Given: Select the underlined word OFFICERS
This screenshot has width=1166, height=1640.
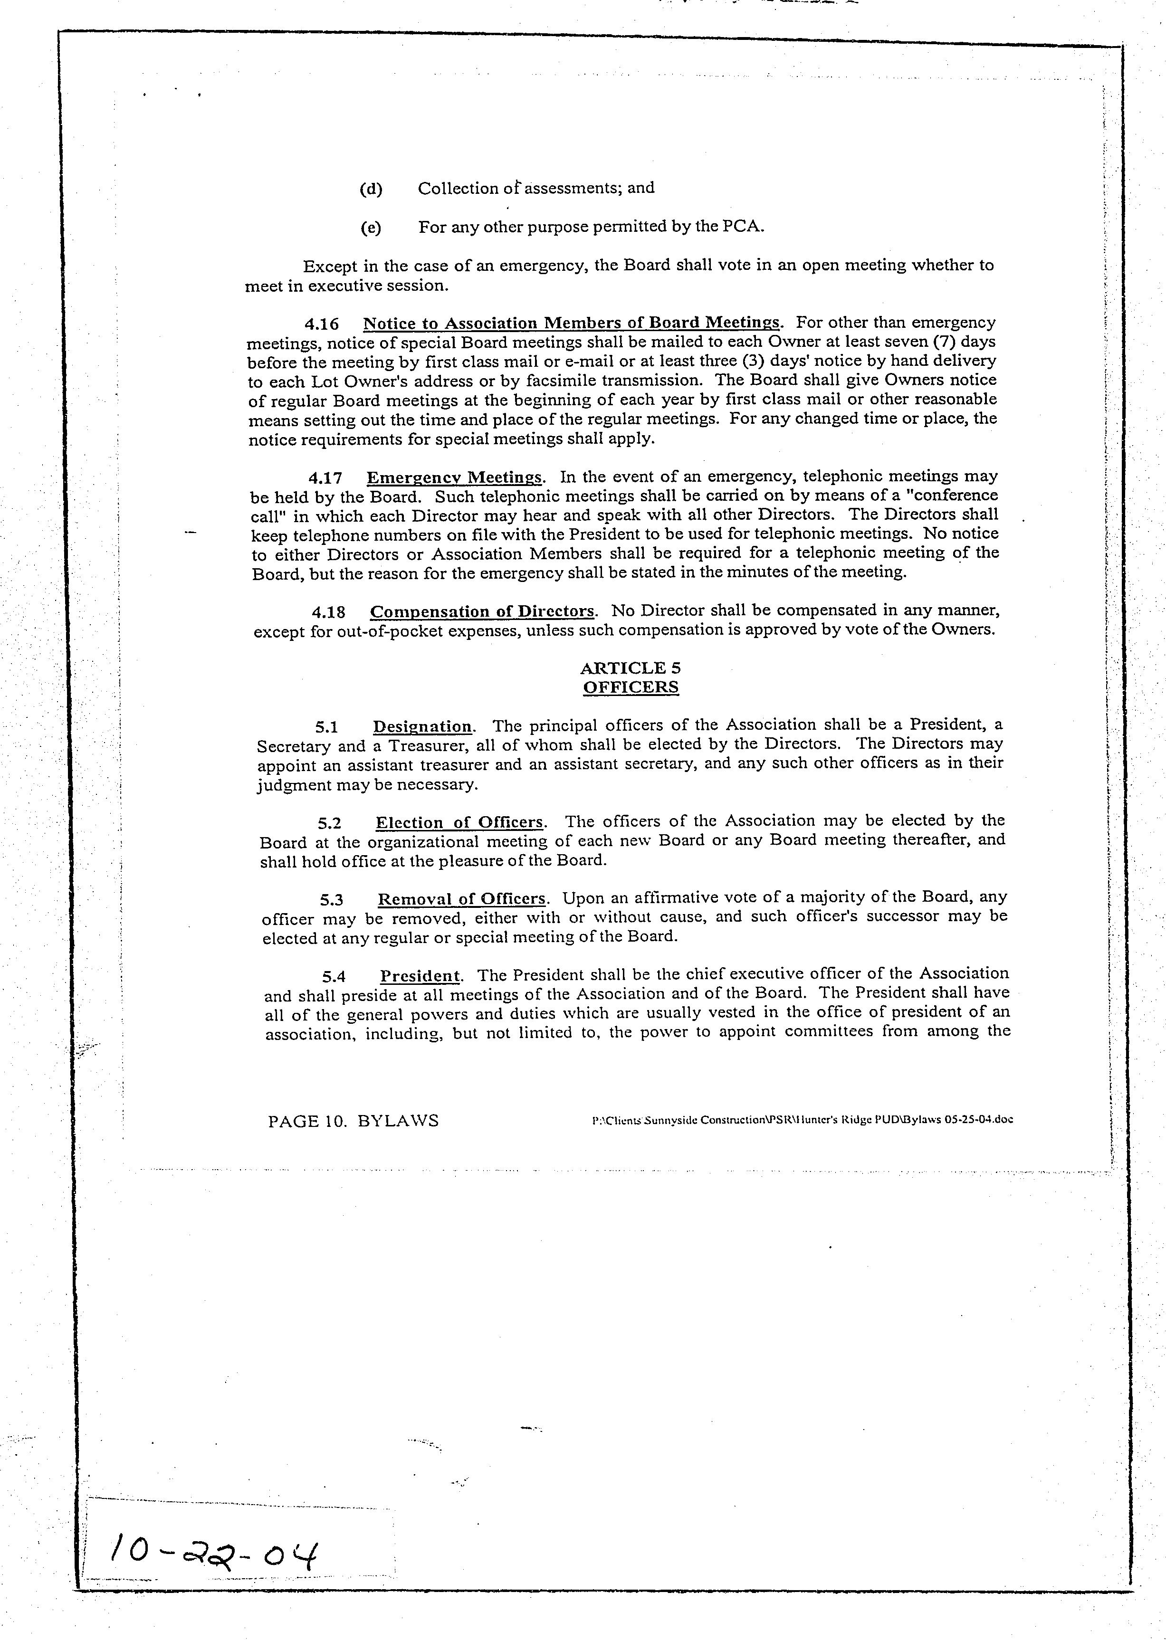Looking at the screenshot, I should pos(631,687).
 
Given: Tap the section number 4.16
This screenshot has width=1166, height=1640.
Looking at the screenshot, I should pos(324,323).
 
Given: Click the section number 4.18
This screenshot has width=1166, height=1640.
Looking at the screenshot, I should pos(328,611).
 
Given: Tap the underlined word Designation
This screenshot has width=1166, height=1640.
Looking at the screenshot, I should pos(422,725).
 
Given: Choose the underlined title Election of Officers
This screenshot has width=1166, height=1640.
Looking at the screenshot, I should pos(459,822).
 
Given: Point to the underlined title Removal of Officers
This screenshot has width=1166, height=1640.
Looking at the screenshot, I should pos(462,898).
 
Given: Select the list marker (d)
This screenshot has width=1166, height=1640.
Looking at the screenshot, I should pos(371,189).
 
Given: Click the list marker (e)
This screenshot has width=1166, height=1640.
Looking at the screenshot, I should pos(371,228).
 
